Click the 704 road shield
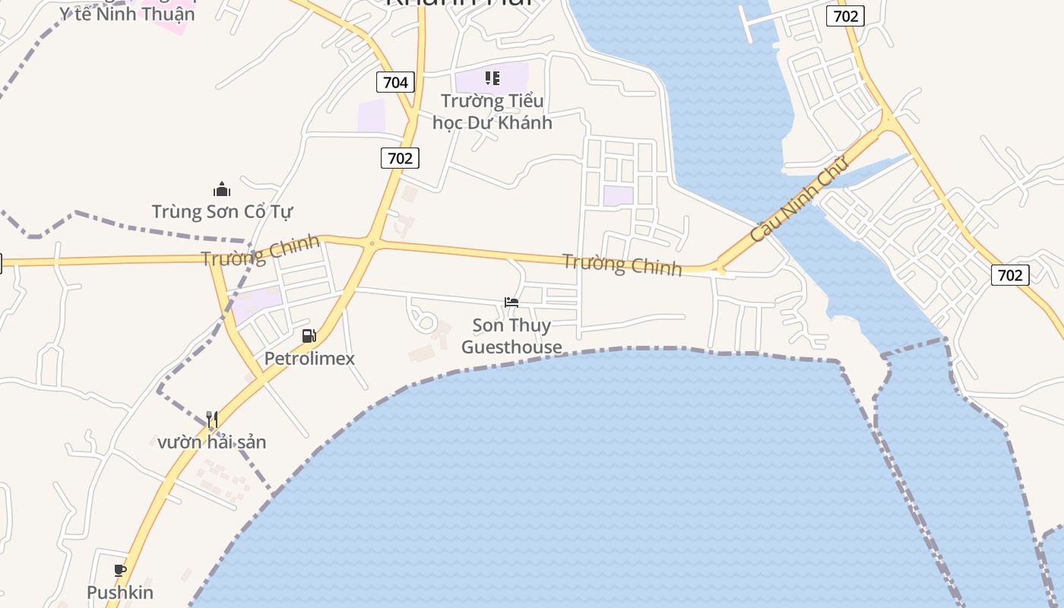pyautogui.click(x=395, y=82)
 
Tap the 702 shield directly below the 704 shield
pyautogui.click(x=400, y=158)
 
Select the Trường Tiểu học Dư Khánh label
pyautogui.click(x=492, y=111)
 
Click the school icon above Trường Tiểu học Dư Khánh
pyautogui.click(x=492, y=78)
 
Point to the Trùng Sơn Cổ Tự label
pyautogui.click(x=222, y=211)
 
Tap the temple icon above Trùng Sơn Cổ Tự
pyautogui.click(x=222, y=188)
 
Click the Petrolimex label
pyautogui.click(x=309, y=358)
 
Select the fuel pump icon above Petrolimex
pyautogui.click(x=309, y=335)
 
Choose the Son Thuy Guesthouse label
pyautogui.click(x=511, y=336)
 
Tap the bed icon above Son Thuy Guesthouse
pyautogui.click(x=511, y=302)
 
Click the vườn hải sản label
pyautogui.click(x=212, y=442)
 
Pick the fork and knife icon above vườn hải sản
pyautogui.click(x=212, y=419)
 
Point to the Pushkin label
pyautogui.click(x=120, y=592)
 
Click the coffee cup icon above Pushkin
pyautogui.click(x=120, y=570)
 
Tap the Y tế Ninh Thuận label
pyautogui.click(x=128, y=14)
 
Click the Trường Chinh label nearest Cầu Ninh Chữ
pyautogui.click(x=622, y=264)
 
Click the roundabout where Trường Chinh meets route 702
pyautogui.click(x=372, y=244)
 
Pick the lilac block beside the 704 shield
pyautogui.click(x=372, y=116)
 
